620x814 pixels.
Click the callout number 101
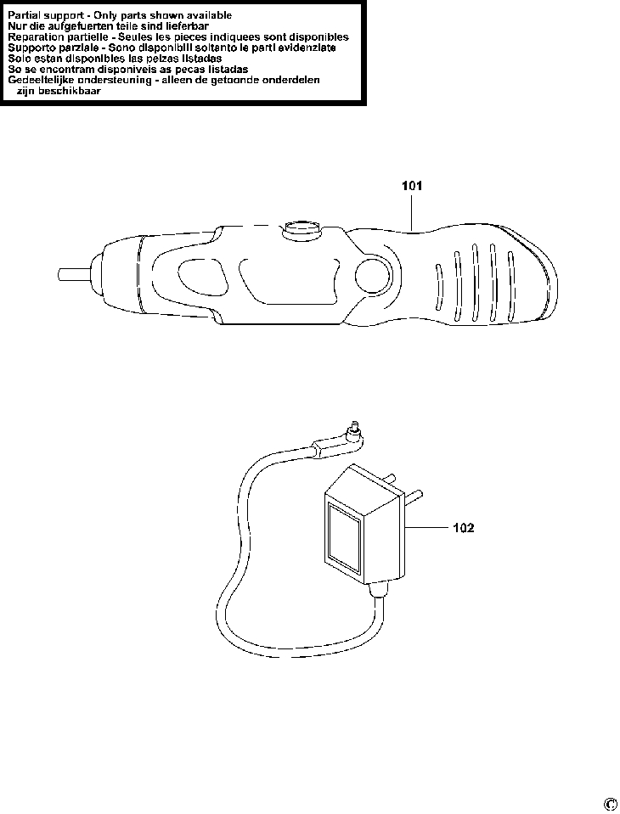point(411,184)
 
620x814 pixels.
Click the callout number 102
point(463,527)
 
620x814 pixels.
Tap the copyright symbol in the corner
point(610,804)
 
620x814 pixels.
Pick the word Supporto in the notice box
point(32,48)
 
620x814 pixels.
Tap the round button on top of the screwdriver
point(302,227)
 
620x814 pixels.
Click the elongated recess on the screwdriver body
point(285,278)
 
